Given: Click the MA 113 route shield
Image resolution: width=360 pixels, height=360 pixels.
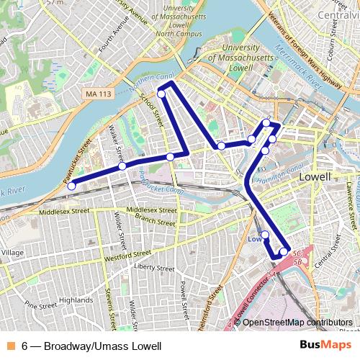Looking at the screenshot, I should (x=99, y=94).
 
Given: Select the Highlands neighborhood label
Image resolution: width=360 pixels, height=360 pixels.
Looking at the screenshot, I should (x=76, y=300).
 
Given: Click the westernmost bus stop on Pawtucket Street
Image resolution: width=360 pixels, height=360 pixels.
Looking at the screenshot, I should (x=71, y=186).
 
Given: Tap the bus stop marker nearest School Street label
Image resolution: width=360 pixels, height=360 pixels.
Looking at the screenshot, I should (x=161, y=94).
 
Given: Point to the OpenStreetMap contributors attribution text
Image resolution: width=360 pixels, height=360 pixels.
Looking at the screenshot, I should (x=297, y=322).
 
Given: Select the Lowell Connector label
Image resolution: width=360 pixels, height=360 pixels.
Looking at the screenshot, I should (x=251, y=303).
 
